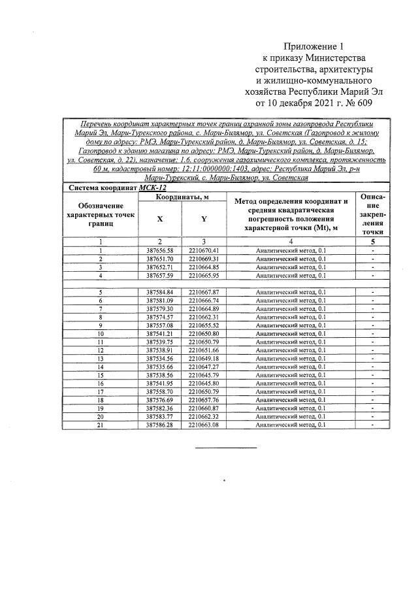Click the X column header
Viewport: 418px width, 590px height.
159,219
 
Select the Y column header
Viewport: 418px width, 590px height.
204,219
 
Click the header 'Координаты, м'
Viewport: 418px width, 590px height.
182,197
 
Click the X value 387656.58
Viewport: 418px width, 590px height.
159,250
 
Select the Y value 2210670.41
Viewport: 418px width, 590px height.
204,250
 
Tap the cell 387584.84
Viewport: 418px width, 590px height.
159,291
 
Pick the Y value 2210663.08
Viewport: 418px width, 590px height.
204,425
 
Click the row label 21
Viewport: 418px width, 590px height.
101,425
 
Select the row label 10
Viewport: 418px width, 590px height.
101,333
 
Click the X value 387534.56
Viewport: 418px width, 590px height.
159,358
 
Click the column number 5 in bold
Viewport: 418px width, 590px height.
372,241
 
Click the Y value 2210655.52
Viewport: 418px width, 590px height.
204,325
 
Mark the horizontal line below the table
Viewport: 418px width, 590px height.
227,448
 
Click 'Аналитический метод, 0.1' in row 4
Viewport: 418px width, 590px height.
291,275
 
